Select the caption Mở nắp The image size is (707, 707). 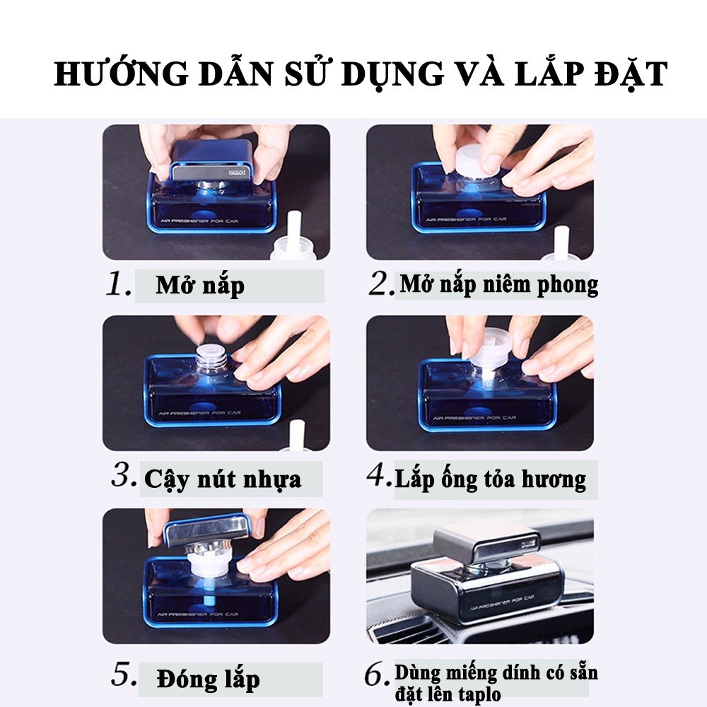tap(200, 286)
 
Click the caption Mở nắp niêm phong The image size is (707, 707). tap(499, 284)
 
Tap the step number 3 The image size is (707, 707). tap(123, 477)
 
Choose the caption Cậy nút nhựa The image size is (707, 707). tap(223, 479)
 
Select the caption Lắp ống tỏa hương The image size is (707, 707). tap(490, 479)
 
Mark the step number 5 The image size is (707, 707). tap(123, 676)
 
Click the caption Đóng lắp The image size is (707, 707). tap(208, 679)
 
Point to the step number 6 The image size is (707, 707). tap(377, 676)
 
